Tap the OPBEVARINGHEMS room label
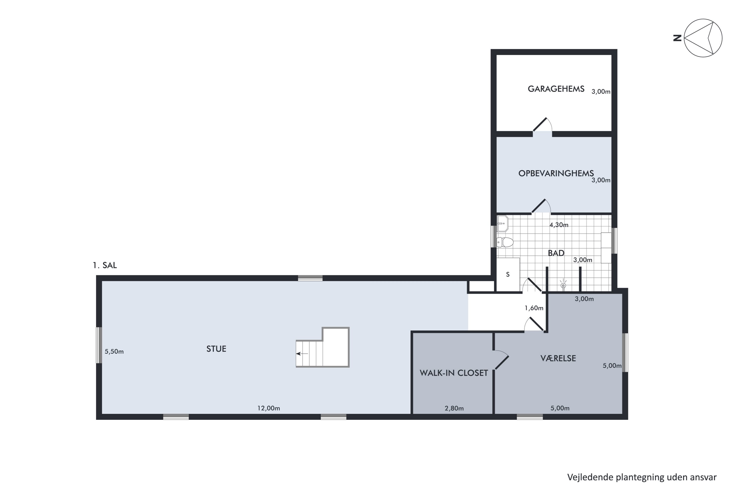point(556,173)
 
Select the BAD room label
point(556,253)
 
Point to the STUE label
point(216,349)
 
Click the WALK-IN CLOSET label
point(454,373)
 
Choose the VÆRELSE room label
point(558,358)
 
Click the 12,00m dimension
point(268,408)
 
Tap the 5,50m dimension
point(114,351)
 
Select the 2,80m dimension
point(454,408)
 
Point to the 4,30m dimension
point(559,225)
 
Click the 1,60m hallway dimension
point(534,308)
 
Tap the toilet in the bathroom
point(505,242)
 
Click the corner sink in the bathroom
point(502,223)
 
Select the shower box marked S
point(508,274)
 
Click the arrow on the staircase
point(302,354)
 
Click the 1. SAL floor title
point(105,265)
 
